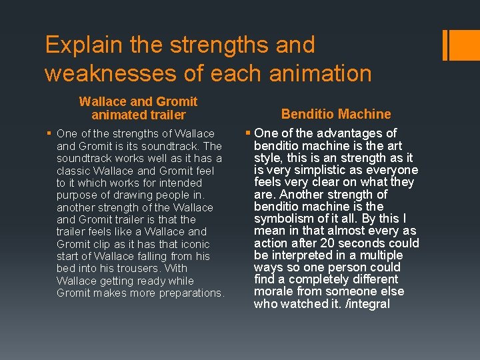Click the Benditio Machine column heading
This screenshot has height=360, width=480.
[336, 114]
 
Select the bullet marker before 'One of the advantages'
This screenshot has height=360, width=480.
[248, 133]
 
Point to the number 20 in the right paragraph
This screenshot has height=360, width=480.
[328, 243]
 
